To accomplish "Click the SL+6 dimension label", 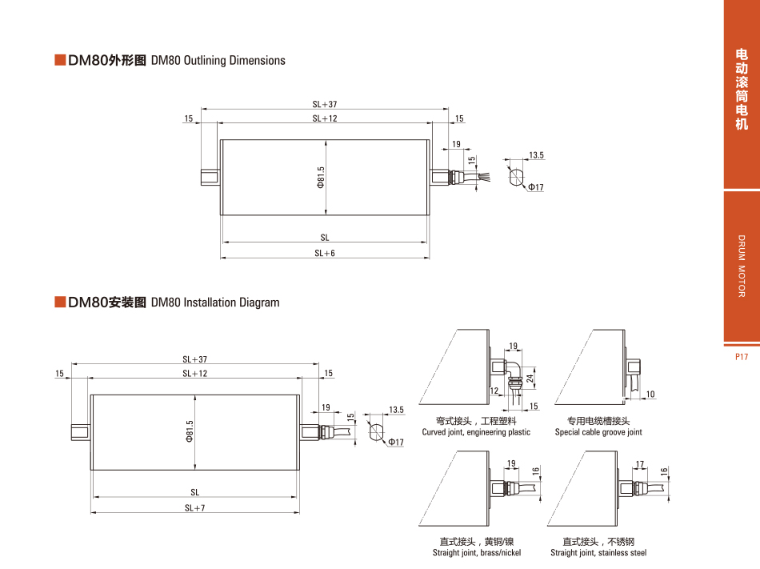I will [x=325, y=253].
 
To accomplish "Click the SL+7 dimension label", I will [x=195, y=507].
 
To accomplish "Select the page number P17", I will [x=741, y=357].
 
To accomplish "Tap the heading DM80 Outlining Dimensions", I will [x=218, y=61].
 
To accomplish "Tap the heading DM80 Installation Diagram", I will [x=215, y=303].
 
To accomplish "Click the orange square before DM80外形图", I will [x=59, y=60].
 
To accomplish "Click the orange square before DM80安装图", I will [x=59, y=302].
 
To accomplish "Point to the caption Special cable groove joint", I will [x=598, y=432].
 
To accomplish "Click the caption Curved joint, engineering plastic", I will [x=476, y=432].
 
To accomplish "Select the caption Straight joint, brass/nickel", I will [x=477, y=553].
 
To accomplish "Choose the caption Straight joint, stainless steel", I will [x=598, y=553].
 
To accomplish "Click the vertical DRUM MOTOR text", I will [x=742, y=266].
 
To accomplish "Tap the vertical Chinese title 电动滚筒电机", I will [x=742, y=89].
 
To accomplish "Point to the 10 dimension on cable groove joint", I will [x=650, y=394].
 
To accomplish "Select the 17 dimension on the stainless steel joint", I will [x=639, y=464].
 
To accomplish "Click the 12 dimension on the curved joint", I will [x=494, y=391].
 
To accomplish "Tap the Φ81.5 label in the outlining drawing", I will [x=320, y=178].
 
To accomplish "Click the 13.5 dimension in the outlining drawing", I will [x=536, y=155].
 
